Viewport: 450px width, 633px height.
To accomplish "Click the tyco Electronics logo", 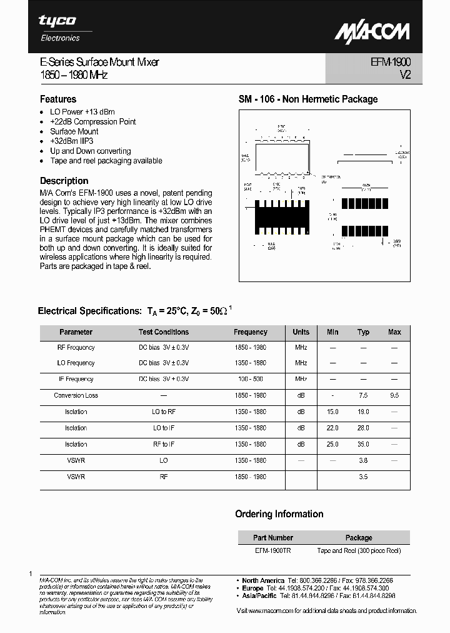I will point(60,28).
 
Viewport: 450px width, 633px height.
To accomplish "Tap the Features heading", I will point(58,99).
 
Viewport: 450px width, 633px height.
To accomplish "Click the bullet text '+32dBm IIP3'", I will point(71,141).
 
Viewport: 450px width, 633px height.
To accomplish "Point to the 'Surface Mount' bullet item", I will point(74,131).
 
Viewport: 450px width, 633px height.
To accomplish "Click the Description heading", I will point(64,181).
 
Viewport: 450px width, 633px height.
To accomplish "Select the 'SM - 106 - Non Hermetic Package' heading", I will point(308,99).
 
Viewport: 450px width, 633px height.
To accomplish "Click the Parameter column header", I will point(76,332).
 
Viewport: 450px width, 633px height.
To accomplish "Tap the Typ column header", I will point(363,332).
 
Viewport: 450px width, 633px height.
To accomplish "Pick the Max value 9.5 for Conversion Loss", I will point(394,395).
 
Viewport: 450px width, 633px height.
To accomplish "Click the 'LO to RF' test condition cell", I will point(164,412).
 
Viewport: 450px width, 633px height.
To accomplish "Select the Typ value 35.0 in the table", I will point(363,444).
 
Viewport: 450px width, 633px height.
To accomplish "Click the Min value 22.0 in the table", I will point(332,428).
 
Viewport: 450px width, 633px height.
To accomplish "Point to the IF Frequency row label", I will point(76,379).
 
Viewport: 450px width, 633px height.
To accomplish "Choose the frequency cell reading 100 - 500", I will point(250,379).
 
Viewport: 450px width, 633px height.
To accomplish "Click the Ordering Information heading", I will point(279,514).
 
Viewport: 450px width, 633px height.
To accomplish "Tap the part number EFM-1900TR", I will point(272,550).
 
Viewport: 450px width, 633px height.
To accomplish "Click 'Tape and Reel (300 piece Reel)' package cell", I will point(359,550).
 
